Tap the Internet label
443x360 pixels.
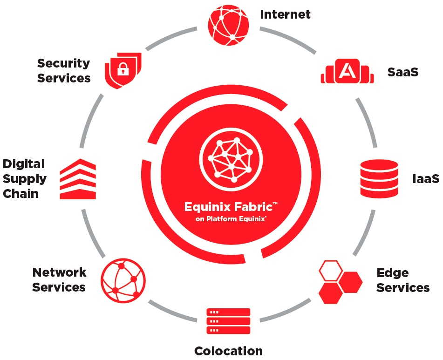coord(285,14)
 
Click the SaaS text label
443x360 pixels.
coord(403,72)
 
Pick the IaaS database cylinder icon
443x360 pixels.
coord(379,178)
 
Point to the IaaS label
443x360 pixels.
coord(426,179)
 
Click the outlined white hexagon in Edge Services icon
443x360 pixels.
coord(331,271)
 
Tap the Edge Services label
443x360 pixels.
coord(403,280)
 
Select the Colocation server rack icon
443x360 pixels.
coord(228,321)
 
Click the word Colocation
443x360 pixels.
coord(228,351)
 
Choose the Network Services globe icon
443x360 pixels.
coord(123,280)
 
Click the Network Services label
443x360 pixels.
coord(59,279)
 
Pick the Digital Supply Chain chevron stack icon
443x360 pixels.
coord(78,179)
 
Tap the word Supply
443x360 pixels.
coord(25,179)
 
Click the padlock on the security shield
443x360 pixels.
coord(123,70)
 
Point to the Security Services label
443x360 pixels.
coord(64,70)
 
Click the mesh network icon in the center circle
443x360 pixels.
coord(231,158)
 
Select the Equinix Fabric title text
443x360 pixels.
coord(231,206)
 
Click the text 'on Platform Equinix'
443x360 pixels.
coord(231,218)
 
